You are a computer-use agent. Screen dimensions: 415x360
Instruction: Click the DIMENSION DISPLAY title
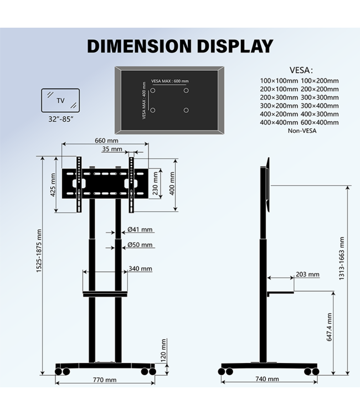coord(180,46)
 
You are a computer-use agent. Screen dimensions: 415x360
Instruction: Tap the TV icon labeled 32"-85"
coord(60,101)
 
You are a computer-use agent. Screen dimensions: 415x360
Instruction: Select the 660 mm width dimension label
coord(106,141)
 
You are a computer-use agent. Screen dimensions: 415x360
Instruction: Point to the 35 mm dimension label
coord(112,149)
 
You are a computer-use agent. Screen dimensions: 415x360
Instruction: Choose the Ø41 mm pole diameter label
coord(140,230)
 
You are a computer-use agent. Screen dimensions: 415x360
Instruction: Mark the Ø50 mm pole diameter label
coord(140,245)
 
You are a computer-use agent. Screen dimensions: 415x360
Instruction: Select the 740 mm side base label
coord(268,379)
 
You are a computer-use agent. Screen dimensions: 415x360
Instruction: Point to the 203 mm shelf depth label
coord(307,274)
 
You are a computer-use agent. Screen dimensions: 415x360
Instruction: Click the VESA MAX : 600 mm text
coord(169,81)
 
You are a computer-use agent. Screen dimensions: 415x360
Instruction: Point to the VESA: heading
coord(301,70)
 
